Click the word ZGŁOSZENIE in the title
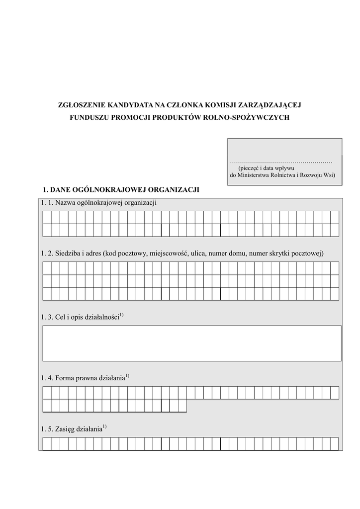[x=79, y=105]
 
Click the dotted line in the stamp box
[x=281, y=162]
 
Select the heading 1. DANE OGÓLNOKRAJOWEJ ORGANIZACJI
[x=121, y=189]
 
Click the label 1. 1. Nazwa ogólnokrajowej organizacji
[x=99, y=202]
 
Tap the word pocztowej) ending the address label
[x=308, y=254]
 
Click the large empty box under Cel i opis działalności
[x=192, y=343]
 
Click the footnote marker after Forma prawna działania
[x=127, y=376]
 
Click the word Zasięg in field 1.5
[x=66, y=429]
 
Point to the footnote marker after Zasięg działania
[x=105, y=426]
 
